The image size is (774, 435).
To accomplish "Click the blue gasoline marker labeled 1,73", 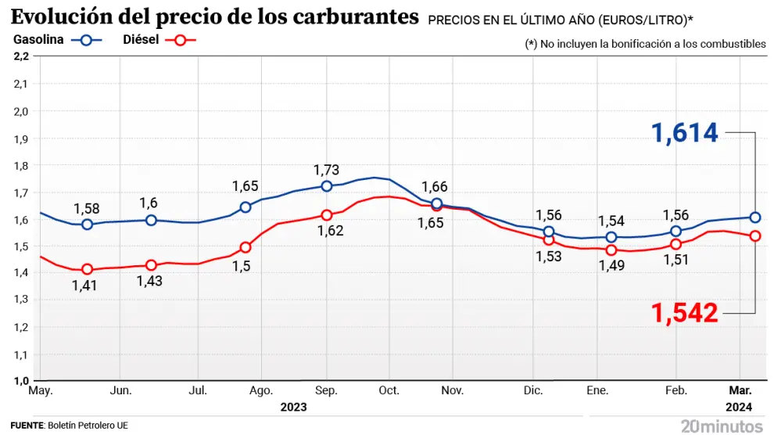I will click(x=327, y=186).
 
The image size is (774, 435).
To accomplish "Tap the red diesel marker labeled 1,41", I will click(x=87, y=269).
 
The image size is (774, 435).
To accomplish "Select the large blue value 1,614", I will click(x=686, y=133).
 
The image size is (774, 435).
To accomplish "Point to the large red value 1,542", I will click(x=686, y=313).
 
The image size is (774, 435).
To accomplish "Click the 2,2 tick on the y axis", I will click(x=21, y=56).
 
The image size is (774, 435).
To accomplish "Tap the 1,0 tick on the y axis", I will click(x=21, y=381).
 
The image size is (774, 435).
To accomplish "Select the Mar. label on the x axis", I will click(x=741, y=390).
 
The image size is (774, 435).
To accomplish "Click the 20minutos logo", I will click(x=722, y=426).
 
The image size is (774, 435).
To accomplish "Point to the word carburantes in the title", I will click(x=353, y=16).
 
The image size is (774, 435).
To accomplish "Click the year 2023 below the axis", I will click(x=293, y=407).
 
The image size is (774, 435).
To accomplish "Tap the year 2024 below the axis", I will click(x=738, y=407).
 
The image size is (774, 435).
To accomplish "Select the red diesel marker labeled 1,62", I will click(x=327, y=215).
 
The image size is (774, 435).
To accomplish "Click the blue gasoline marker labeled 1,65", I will click(x=245, y=207).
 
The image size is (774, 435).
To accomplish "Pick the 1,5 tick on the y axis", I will click(x=21, y=246).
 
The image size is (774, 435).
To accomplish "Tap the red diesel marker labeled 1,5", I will click(x=245, y=247).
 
